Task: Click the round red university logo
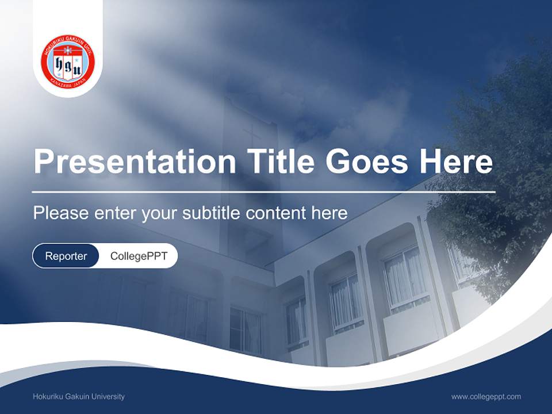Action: tap(68, 62)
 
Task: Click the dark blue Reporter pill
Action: tap(66, 256)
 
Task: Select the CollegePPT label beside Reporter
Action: tap(139, 256)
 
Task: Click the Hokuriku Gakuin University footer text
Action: tap(79, 397)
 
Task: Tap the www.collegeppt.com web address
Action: tap(486, 397)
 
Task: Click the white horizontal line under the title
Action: tap(264, 191)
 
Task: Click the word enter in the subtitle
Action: tap(114, 213)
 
